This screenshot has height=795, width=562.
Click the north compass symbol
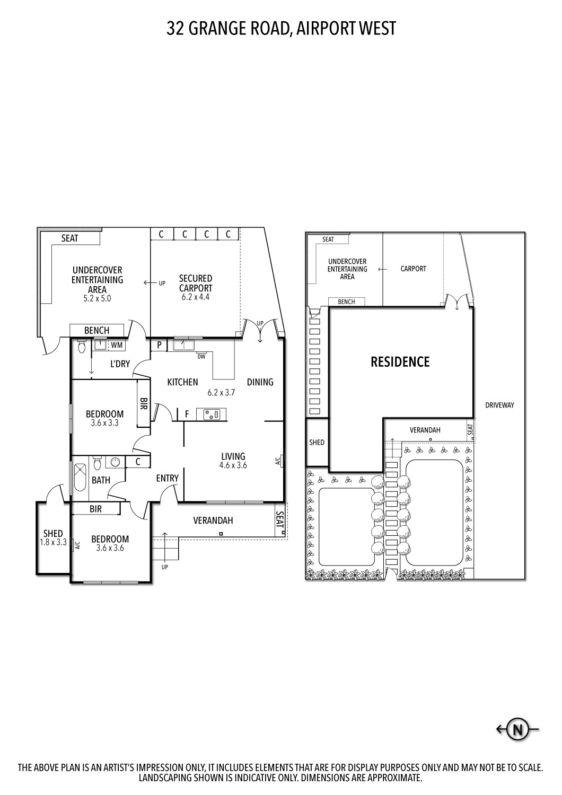click(517, 730)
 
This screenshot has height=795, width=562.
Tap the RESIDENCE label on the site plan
click(400, 362)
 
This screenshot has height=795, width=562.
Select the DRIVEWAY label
click(499, 405)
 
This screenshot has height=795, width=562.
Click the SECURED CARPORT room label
click(195, 283)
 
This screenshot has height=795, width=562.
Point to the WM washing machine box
click(117, 345)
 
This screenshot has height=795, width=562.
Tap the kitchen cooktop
click(211, 414)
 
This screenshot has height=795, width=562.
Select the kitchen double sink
click(184, 346)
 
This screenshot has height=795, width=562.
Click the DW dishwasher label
click(201, 357)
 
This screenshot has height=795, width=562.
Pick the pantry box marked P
click(159, 345)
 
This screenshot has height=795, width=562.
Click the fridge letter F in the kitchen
click(187, 413)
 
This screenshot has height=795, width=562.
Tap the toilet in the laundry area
click(81, 347)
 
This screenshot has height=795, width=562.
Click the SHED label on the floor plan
click(53, 534)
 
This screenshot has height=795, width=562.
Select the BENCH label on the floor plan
click(96, 331)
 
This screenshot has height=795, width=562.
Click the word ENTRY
click(167, 478)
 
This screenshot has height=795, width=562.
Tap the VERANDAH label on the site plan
click(425, 430)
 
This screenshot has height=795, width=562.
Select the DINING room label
click(260, 382)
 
